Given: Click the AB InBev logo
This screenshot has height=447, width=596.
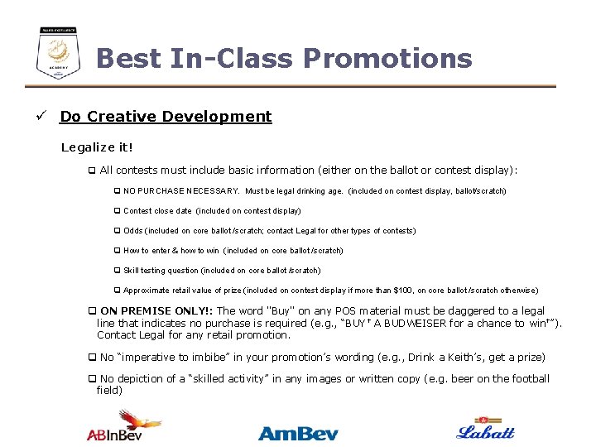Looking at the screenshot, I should point(124,426).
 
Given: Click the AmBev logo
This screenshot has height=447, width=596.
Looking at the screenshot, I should point(297,432).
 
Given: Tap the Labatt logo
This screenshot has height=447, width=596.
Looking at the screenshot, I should point(485,429).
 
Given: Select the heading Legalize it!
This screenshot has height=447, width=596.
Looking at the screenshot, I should point(97,147).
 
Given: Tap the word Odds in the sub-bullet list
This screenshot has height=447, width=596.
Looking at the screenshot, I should point(132,231).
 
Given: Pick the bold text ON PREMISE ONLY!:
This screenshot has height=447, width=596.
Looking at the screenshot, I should point(156,311).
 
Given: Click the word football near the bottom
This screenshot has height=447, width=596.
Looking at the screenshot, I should point(527,379).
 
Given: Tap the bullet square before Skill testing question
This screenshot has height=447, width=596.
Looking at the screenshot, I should point(117,271).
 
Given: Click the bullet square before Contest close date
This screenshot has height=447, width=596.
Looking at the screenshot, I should point(117,211).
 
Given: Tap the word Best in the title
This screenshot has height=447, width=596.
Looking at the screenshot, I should point(128,59).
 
